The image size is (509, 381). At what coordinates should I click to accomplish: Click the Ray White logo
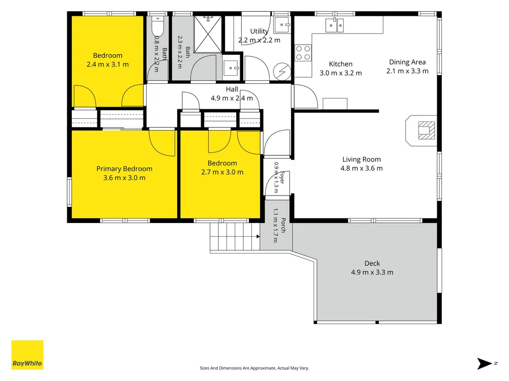pyautogui.click(x=27, y=355)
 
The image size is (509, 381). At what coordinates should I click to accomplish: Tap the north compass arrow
pyautogui.click(x=485, y=364)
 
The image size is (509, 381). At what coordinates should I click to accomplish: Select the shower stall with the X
pyautogui.click(x=208, y=34)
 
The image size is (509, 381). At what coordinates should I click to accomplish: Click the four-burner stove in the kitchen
pyautogui.click(x=303, y=53)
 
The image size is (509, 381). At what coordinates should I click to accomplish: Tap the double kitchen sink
pyautogui.click(x=334, y=25)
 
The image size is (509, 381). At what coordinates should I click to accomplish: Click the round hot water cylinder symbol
pyautogui.click(x=282, y=71)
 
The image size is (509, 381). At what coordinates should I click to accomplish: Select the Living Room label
pyautogui.click(x=361, y=160)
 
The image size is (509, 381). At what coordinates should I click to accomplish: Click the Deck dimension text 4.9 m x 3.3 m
pyautogui.click(x=372, y=272)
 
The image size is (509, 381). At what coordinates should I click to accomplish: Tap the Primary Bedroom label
pyautogui.click(x=124, y=169)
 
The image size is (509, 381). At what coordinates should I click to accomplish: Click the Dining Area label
pyautogui.click(x=407, y=62)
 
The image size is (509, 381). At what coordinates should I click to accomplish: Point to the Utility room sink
pyautogui.click(x=282, y=24)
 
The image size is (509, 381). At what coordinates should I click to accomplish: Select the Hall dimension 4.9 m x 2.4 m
pyautogui.click(x=232, y=98)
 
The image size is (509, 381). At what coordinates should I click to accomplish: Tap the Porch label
pyautogui.click(x=283, y=225)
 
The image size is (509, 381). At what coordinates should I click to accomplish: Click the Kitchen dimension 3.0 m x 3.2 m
pyautogui.click(x=341, y=73)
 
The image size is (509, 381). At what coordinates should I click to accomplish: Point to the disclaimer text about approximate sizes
pyautogui.click(x=254, y=368)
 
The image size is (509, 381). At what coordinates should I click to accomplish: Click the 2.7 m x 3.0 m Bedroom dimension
pyautogui.click(x=222, y=172)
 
